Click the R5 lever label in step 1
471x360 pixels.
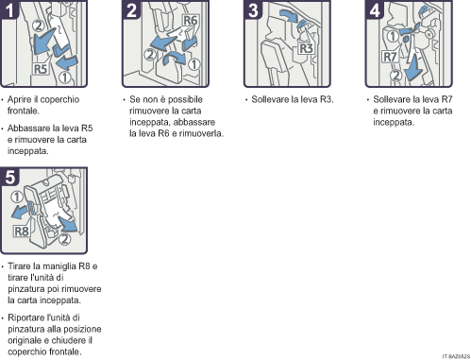tap(41, 69)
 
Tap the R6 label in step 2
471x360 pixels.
tap(191, 21)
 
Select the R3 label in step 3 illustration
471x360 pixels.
tap(306, 48)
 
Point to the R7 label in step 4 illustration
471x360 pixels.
tap(390, 57)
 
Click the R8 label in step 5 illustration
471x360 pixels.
tap(22, 231)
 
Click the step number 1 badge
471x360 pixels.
tap(9, 9)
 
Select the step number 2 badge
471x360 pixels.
tap(131, 9)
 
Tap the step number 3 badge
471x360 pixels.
tap(253, 9)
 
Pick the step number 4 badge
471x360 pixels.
tap(375, 9)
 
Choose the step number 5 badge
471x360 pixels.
tap(9, 177)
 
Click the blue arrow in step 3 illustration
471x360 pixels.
tap(289, 15)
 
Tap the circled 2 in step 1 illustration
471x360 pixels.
tap(39, 26)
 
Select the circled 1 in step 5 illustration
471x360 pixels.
tap(17, 197)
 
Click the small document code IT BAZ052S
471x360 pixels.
tap(456, 356)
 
